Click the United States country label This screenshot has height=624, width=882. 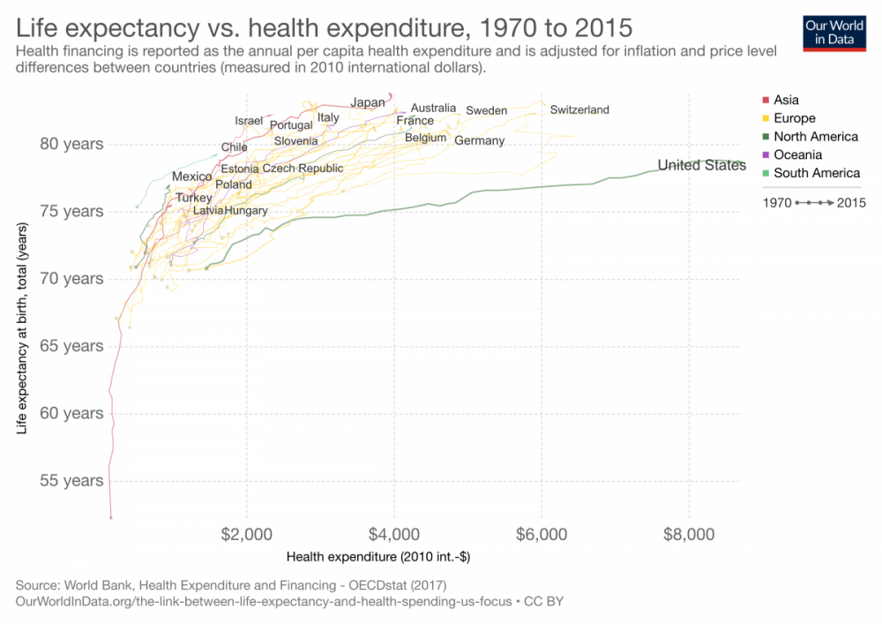(701, 165)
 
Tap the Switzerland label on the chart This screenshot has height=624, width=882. (579, 109)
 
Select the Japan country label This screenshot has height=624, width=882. (368, 102)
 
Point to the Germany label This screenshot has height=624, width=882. (479, 140)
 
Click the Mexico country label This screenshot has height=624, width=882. (191, 177)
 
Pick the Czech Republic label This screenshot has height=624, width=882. (303, 168)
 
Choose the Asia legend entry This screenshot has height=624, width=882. (785, 100)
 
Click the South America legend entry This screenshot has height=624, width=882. (816, 173)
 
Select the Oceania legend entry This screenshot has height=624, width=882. (796, 154)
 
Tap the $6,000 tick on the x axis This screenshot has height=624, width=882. (541, 534)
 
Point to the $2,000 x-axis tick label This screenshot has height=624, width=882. (247, 534)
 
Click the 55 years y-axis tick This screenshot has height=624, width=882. (71, 481)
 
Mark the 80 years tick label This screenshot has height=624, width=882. (71, 144)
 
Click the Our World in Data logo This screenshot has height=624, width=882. (834, 33)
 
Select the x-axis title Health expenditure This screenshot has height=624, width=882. (378, 557)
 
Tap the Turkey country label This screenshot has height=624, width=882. (193, 198)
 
